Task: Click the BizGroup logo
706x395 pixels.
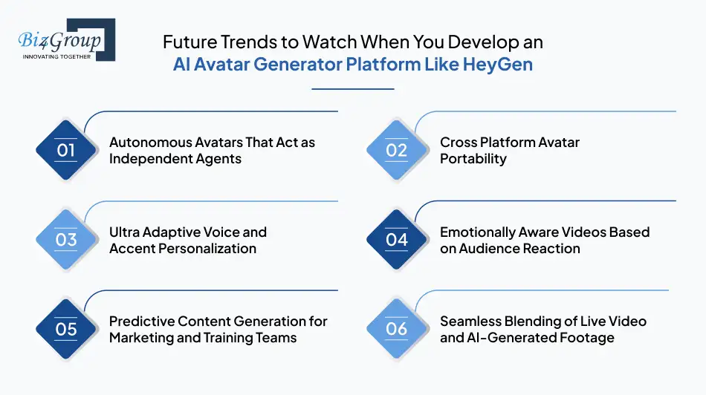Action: coord(65,40)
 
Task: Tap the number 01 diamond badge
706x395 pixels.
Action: coord(66,150)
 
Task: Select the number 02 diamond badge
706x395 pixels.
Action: coord(397,150)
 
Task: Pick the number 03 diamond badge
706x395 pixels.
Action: coord(66,239)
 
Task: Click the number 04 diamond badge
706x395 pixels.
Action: coord(397,239)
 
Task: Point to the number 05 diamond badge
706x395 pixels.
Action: coord(66,329)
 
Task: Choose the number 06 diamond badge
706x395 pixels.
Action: coord(397,329)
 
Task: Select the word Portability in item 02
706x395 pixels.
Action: coord(473,159)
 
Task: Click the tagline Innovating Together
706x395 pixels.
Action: coord(56,56)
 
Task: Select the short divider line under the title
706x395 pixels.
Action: coord(352,89)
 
